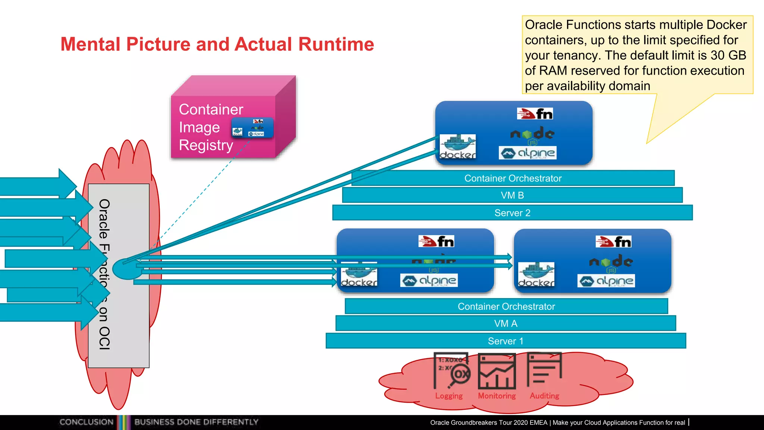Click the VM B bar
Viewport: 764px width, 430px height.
click(x=512, y=195)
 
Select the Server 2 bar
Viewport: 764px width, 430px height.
click(x=512, y=213)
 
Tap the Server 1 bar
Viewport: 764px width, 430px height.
click(x=505, y=341)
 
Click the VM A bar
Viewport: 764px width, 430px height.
click(x=505, y=323)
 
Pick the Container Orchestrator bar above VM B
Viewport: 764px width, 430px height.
click(x=513, y=178)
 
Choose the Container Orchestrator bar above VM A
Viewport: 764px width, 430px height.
click(x=506, y=306)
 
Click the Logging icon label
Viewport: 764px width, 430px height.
click(x=449, y=396)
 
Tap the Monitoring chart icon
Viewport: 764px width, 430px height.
click(x=497, y=372)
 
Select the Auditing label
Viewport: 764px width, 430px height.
click(x=544, y=396)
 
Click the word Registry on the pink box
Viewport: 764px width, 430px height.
click(x=206, y=145)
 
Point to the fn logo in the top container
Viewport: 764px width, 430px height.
click(x=535, y=114)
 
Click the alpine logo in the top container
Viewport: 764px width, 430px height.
click(x=527, y=153)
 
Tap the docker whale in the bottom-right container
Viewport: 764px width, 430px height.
click(x=536, y=274)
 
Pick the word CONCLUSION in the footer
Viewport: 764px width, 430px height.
click(x=87, y=422)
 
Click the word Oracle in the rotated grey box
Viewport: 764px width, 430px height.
click(x=104, y=219)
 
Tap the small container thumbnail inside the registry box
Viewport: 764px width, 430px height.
click(x=253, y=128)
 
